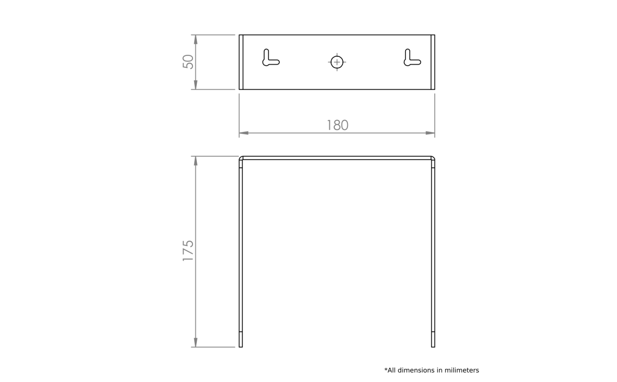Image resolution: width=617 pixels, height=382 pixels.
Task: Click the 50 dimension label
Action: tap(188, 62)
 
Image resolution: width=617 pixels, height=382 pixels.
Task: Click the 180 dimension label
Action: tap(338, 125)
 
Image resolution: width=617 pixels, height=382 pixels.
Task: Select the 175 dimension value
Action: tap(188, 251)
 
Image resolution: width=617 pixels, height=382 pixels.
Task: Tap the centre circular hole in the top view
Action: tap(337, 62)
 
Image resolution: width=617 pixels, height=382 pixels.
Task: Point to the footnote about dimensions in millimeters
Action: tap(431, 370)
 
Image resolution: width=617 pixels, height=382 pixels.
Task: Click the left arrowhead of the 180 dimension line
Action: tap(244, 133)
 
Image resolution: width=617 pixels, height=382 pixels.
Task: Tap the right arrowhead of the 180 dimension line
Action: tap(430, 133)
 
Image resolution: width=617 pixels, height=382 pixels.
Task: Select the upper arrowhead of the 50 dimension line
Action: tap(196, 39)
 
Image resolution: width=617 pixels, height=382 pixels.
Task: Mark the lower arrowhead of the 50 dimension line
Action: tap(196, 85)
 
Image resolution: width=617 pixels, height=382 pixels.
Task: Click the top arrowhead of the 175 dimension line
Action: tap(196, 161)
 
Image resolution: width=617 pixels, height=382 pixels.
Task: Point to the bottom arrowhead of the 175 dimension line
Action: tap(196, 342)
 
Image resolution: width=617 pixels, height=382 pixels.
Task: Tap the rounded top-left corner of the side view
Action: tap(240, 158)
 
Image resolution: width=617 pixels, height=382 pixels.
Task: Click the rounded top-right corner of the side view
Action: tap(433, 158)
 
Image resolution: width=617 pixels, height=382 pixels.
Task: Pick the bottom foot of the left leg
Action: tap(241, 339)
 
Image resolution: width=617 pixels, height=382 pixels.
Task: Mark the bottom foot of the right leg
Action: tap(433, 339)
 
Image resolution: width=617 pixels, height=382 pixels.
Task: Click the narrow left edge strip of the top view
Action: tap(241, 62)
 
